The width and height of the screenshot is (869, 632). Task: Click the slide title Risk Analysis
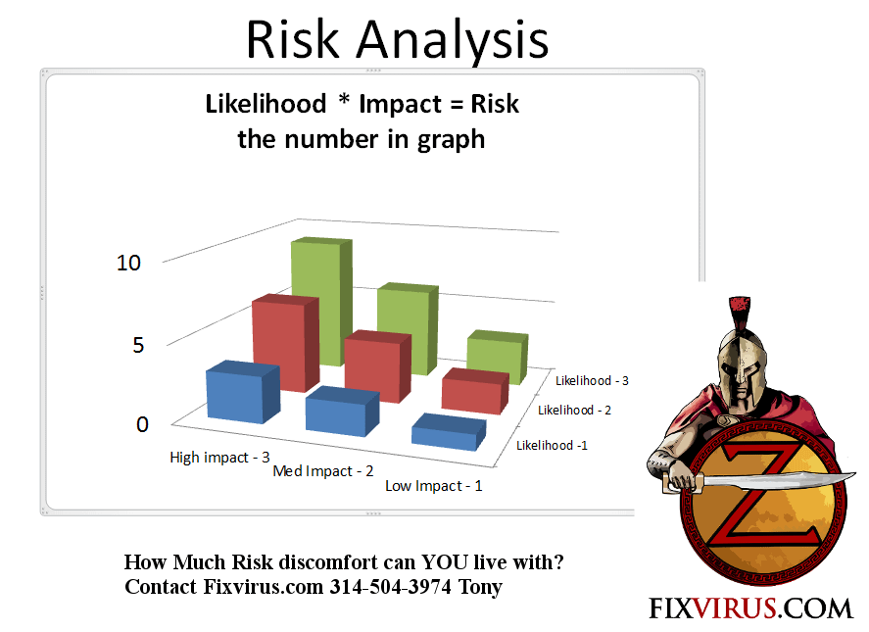pyautogui.click(x=397, y=40)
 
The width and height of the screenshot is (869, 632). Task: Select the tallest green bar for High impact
pyautogui.click(x=322, y=302)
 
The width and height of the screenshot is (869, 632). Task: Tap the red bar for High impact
pyautogui.click(x=285, y=343)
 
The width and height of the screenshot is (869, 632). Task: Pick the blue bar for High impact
pyautogui.click(x=243, y=392)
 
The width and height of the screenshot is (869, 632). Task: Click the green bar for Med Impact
pyautogui.click(x=408, y=328)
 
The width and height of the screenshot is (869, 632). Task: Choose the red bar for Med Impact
pyautogui.click(x=378, y=365)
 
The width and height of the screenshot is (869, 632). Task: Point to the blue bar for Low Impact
pyautogui.click(x=449, y=431)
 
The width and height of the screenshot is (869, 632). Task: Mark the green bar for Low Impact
pyautogui.click(x=497, y=357)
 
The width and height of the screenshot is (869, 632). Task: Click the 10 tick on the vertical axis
pyautogui.click(x=128, y=263)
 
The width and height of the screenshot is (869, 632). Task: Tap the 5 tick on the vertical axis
pyautogui.click(x=138, y=345)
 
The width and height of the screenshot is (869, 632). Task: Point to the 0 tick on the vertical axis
pyautogui.click(x=142, y=424)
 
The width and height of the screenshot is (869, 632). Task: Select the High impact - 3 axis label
pyautogui.click(x=219, y=458)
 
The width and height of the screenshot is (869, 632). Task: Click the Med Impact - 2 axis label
pyautogui.click(x=323, y=471)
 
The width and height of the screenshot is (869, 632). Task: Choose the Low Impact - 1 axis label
pyautogui.click(x=434, y=486)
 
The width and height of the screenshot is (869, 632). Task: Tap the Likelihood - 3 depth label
pyautogui.click(x=592, y=381)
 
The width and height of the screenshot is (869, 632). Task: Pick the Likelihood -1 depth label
pyautogui.click(x=552, y=445)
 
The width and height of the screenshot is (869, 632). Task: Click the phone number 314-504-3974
pyautogui.click(x=391, y=587)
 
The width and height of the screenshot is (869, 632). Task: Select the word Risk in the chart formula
pyautogui.click(x=495, y=104)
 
